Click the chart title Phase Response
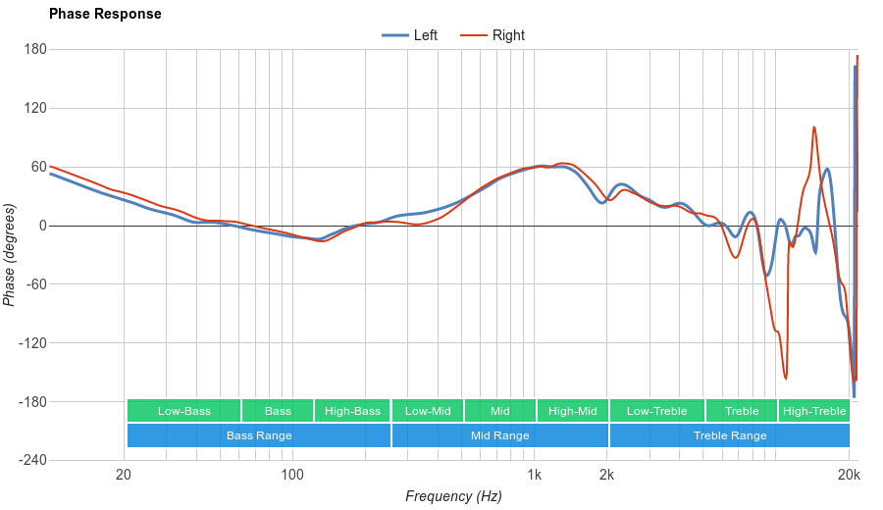click(x=105, y=14)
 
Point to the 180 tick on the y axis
click(x=35, y=49)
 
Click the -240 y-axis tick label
click(x=32, y=461)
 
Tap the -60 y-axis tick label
click(x=35, y=284)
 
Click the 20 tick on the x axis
click(x=124, y=476)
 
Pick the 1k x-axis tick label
click(x=534, y=476)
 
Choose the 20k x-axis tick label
click(x=849, y=476)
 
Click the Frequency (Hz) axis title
click(x=453, y=496)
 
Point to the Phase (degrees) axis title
click(x=10, y=255)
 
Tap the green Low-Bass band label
click(x=183, y=411)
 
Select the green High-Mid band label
click(x=573, y=411)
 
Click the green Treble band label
click(x=741, y=411)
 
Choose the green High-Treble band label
click(x=814, y=411)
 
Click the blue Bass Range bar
click(x=259, y=435)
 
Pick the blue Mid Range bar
click(x=499, y=435)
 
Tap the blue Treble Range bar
click(x=730, y=435)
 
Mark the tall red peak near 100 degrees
click(x=814, y=127)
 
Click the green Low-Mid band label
click(x=428, y=411)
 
